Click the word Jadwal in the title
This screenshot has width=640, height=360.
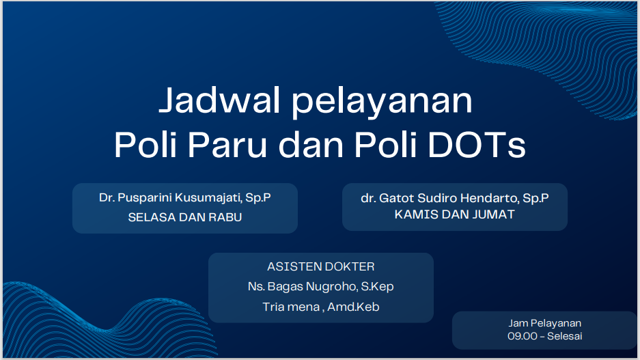[219, 100]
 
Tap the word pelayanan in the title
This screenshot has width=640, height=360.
[382, 102]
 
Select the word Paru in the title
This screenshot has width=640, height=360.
[227, 145]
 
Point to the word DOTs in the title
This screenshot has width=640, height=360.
[477, 145]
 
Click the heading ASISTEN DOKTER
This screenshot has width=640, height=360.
[321, 266]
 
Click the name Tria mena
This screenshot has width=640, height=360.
[290, 307]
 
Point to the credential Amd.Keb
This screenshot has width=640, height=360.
[354, 307]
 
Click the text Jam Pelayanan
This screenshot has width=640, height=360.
[544, 323]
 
